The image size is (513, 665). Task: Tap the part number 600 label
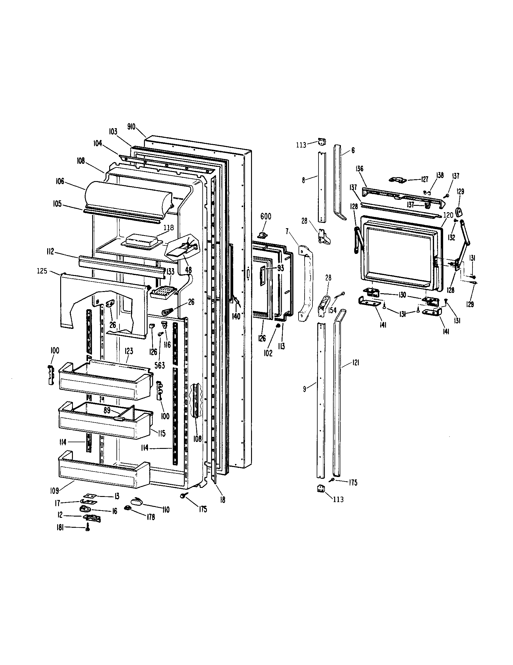(x=266, y=216)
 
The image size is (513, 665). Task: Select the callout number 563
(x=160, y=365)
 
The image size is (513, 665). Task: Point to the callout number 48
(x=188, y=270)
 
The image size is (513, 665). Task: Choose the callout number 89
(x=107, y=410)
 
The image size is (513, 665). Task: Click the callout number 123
(x=129, y=351)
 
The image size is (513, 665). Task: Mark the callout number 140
(x=236, y=316)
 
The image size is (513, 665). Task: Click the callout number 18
(x=223, y=499)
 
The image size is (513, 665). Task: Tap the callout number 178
(x=151, y=517)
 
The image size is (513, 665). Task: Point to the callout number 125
(x=42, y=271)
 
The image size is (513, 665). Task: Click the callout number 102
(x=268, y=353)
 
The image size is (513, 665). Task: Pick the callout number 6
(x=353, y=150)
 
